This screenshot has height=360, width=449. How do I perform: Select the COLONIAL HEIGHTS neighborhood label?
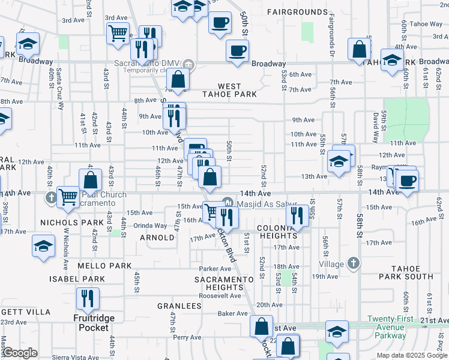pos(278,233)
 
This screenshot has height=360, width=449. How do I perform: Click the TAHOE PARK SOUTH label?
pos(411,272)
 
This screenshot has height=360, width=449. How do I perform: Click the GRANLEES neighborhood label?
pos(179,306)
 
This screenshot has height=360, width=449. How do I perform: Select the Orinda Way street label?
pos(150,226)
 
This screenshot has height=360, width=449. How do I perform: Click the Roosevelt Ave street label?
pos(220,296)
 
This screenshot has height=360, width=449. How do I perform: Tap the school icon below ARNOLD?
pos(44,245)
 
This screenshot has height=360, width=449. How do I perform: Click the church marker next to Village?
pos(354,263)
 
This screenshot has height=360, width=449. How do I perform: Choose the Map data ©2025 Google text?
pos(412,355)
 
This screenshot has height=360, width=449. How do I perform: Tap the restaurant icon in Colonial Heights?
pos(297,217)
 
